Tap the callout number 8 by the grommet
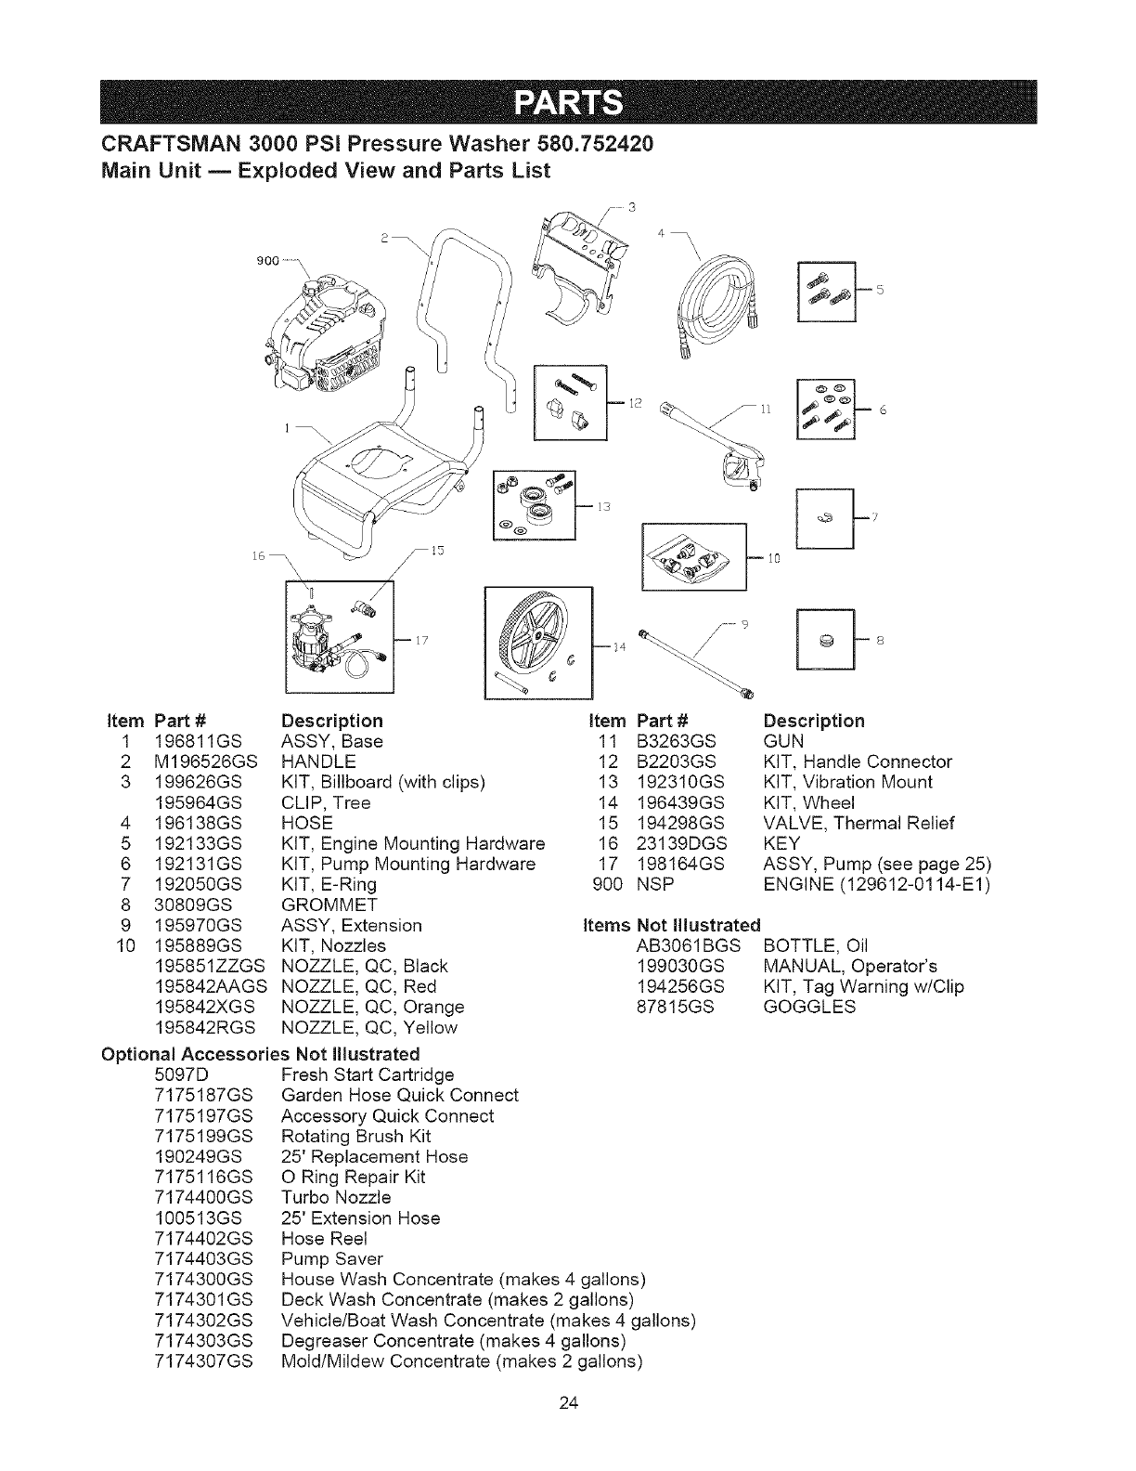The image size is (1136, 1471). pos(878,639)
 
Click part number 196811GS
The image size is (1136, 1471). pos(199,742)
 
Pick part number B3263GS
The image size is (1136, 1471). pos(675,742)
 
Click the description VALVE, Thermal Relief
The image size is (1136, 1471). pos(858,824)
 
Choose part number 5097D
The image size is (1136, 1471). pos(176,1075)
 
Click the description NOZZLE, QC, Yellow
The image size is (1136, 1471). pos(368,1028)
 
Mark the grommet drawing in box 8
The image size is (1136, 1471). pos(825,640)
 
